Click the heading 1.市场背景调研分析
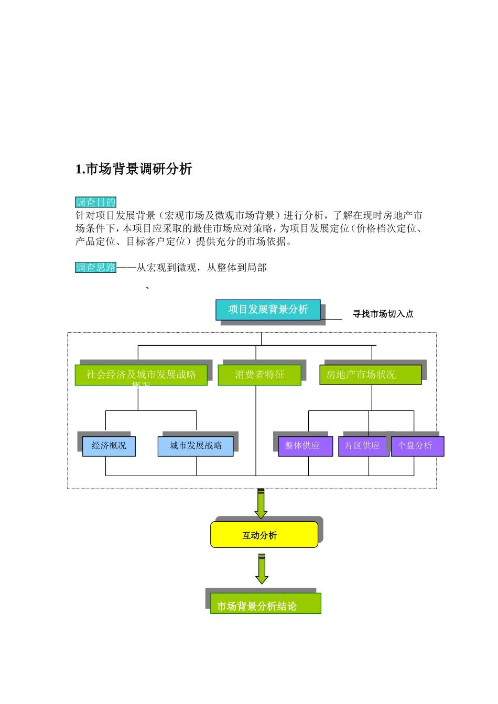134,169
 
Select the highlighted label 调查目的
95,202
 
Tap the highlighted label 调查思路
95,268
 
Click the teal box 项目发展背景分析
268,310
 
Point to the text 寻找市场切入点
383,314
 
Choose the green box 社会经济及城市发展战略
141,375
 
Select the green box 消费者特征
259,375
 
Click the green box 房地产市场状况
370,375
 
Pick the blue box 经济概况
109,446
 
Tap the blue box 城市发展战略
196,446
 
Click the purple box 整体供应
305,446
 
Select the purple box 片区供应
363,446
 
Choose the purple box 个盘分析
417,446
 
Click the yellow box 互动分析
264,535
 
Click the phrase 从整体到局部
236,268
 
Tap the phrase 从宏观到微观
166,268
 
